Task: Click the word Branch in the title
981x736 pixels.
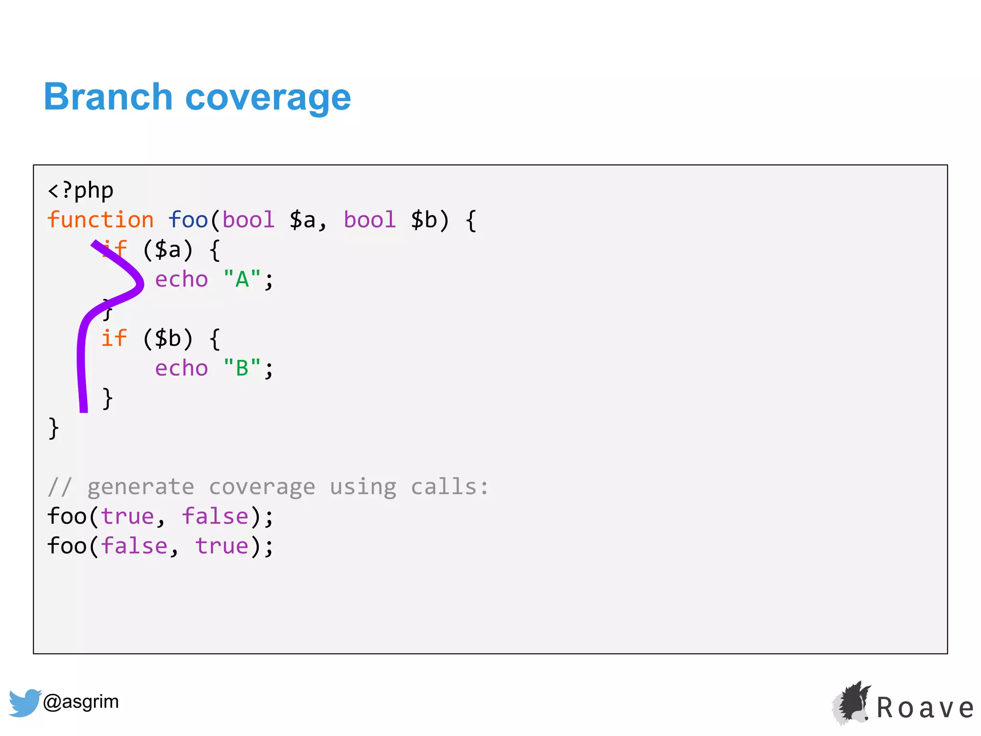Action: pos(108,97)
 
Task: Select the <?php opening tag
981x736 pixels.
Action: pos(80,191)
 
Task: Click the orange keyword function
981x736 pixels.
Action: pos(101,220)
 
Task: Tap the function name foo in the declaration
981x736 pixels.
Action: pos(188,220)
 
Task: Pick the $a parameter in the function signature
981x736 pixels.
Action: pos(303,220)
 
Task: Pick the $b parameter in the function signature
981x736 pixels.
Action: pos(424,220)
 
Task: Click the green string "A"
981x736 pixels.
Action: pos(242,279)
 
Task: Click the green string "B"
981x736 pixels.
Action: pos(242,368)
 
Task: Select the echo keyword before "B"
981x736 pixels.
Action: pos(182,368)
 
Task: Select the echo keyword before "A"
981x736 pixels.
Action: pos(182,279)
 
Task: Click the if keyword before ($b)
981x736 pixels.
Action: pos(114,339)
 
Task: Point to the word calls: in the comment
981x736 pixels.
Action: pos(450,487)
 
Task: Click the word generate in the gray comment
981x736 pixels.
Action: pos(141,487)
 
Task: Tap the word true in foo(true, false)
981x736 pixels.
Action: pos(127,517)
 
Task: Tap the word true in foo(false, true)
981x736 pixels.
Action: pos(222,547)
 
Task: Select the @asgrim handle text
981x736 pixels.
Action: pos(80,702)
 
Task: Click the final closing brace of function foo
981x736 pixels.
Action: pos(54,428)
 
